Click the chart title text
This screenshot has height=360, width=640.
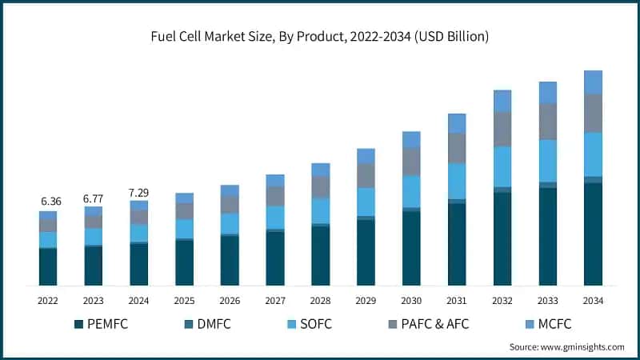point(320,37)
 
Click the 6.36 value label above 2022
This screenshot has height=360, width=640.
point(49,201)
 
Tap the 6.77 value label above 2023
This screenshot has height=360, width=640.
point(94,197)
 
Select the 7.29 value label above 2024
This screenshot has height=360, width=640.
point(139,192)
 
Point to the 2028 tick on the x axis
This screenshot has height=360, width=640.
point(320,301)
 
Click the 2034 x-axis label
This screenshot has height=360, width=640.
point(593,301)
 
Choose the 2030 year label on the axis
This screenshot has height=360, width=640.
point(411,301)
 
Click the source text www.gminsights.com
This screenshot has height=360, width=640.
point(566,346)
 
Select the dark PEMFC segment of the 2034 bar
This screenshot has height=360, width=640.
point(593,234)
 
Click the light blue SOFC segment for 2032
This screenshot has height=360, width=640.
point(502,166)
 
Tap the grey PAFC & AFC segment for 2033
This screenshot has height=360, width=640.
point(547,122)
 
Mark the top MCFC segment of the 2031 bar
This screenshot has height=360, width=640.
point(457,123)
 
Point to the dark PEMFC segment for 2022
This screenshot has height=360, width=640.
point(48,266)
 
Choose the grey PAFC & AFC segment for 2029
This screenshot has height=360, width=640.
point(366,175)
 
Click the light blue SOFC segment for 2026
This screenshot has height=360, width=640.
point(230,223)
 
